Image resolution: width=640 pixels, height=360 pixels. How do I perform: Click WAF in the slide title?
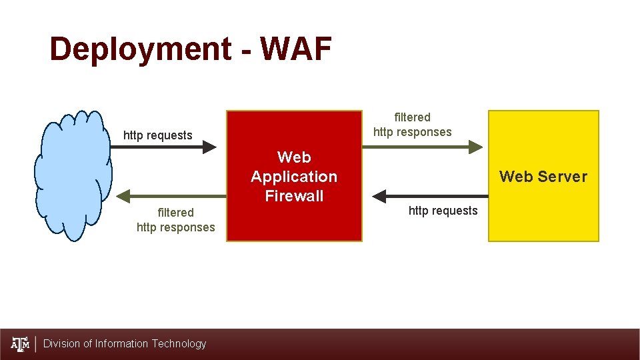coord(295,49)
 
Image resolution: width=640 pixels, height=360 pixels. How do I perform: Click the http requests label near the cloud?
coord(158,135)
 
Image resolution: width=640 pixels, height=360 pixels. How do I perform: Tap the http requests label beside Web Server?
coord(443,211)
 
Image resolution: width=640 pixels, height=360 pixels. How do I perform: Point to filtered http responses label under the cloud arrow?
coord(175,220)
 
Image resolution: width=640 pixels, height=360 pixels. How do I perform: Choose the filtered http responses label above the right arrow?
coord(412,125)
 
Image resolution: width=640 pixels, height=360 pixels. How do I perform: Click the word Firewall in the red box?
coord(294,196)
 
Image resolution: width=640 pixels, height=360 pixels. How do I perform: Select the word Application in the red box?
coord(294,177)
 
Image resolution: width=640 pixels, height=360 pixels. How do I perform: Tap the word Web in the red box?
coord(294,157)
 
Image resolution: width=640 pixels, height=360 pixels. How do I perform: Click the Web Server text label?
coord(543,177)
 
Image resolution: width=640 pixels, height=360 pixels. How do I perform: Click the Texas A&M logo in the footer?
coord(21,344)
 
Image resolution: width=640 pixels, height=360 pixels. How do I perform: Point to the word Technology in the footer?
coord(179,344)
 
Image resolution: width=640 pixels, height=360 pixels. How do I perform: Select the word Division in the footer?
coord(62,344)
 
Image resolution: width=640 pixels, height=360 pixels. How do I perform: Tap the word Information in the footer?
coord(122,344)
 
